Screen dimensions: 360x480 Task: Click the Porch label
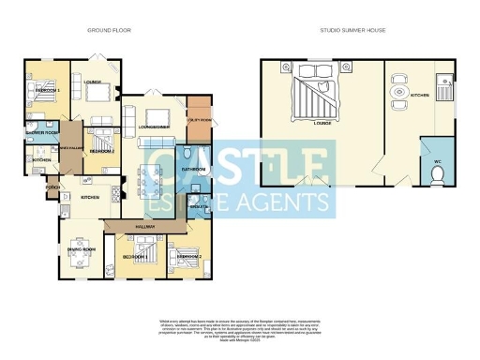coord(52,186)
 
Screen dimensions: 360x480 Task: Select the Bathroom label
coord(193,170)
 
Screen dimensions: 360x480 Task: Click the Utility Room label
coord(199,119)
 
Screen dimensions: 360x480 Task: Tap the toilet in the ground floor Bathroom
coord(187,155)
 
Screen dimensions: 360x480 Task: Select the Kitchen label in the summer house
coord(419,95)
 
